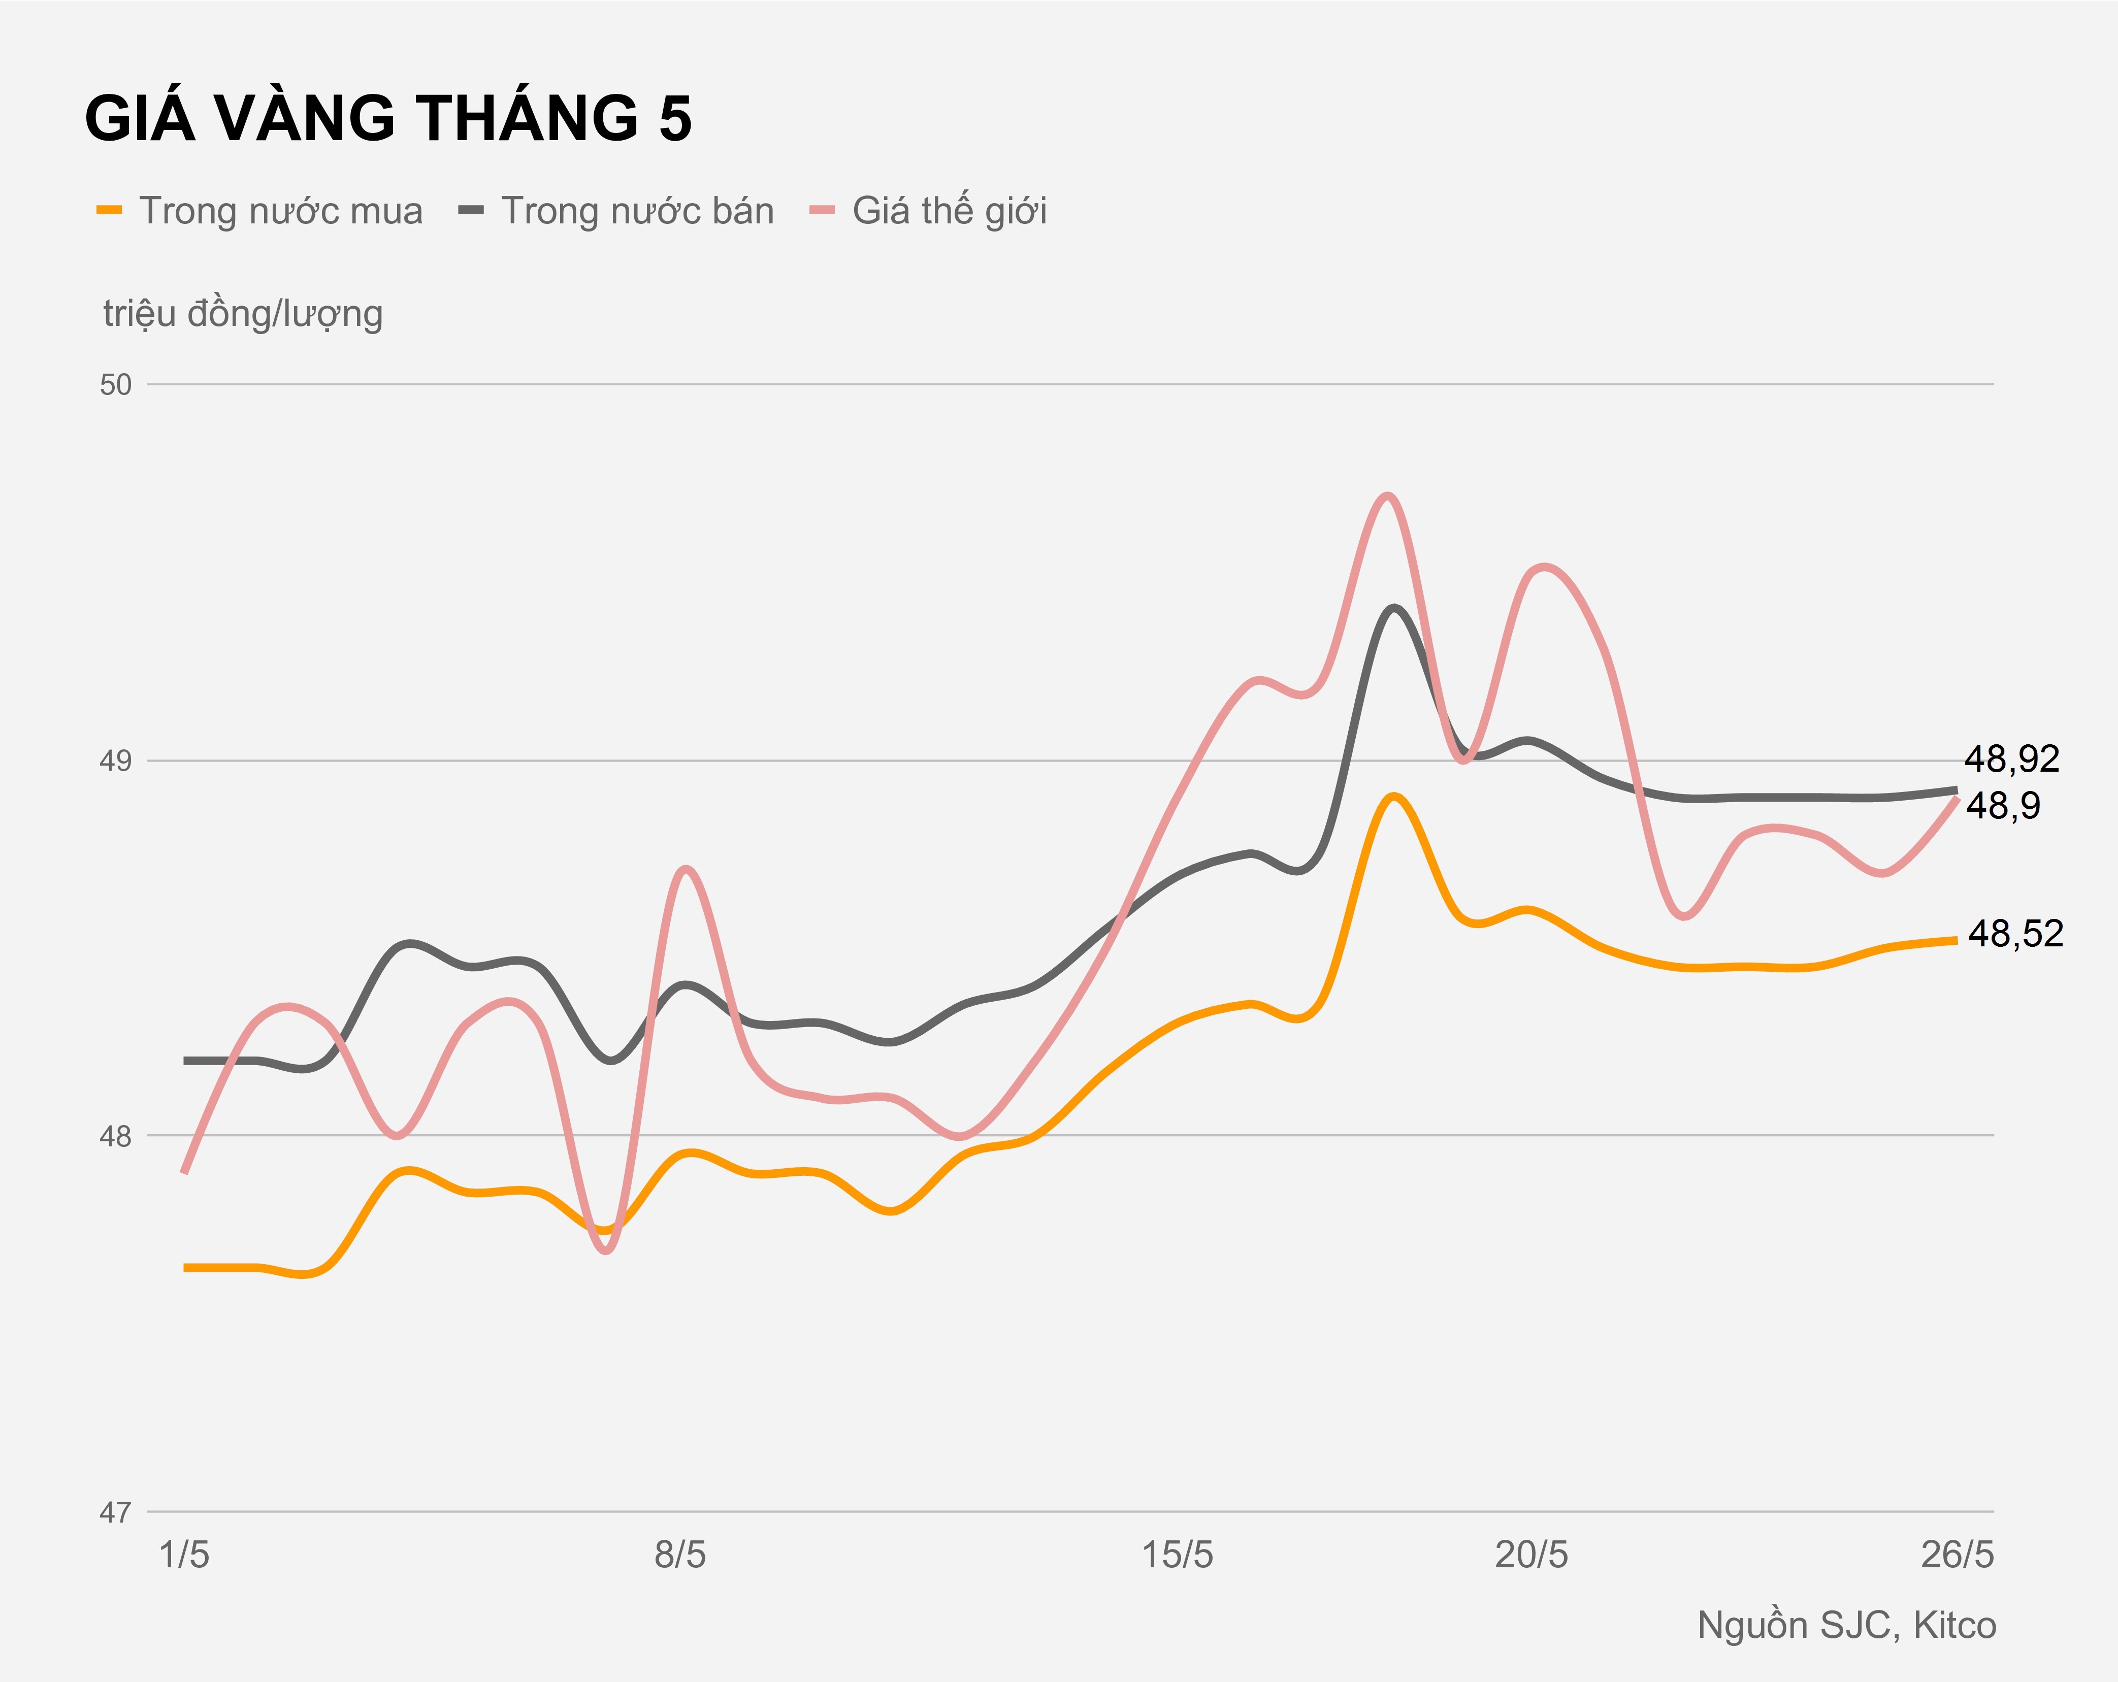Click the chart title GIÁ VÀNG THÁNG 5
click(x=388, y=119)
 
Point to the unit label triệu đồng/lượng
click(x=243, y=313)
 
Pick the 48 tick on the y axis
click(x=116, y=1137)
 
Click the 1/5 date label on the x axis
click(x=185, y=1555)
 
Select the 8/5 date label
click(x=680, y=1555)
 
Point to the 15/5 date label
click(x=1177, y=1555)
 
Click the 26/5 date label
click(x=1957, y=1555)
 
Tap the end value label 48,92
click(x=2011, y=758)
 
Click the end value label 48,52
click(x=2015, y=933)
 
